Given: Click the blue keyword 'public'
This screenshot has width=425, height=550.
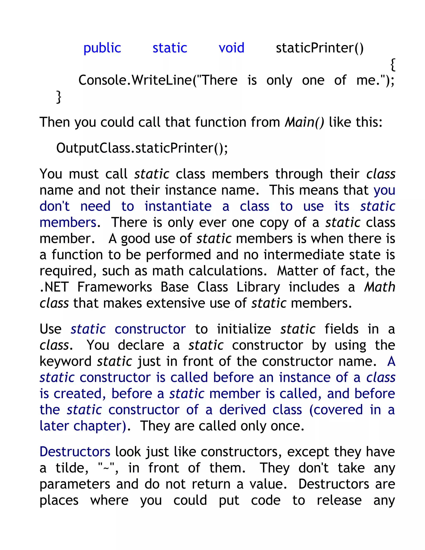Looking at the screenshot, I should coord(102,48).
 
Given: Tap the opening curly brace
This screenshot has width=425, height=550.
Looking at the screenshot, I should coord(392,65).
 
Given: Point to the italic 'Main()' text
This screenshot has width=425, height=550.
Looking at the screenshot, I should coord(304,122).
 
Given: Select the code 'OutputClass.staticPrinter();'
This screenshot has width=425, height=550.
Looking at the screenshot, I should coord(142,148).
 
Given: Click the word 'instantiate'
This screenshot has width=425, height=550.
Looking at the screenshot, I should coord(178,206).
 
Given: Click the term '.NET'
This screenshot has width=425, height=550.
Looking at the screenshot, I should coord(54,287).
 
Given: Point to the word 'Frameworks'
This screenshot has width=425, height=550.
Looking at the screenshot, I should coord(115,287).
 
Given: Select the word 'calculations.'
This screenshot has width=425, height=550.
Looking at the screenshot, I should coord(228,271).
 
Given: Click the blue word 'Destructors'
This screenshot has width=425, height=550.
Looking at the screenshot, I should coord(75,452).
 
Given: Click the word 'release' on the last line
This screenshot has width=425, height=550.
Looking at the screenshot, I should coord(339,500).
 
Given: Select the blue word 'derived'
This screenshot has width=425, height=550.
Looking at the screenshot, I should coord(242,410).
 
